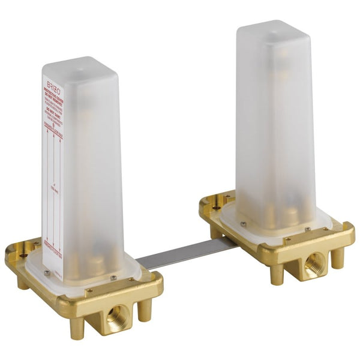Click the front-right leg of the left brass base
tap(144, 308)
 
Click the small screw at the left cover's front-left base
tap(47, 273)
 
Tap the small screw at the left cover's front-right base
tap(113, 277)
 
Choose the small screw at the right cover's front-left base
tap(244, 225)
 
